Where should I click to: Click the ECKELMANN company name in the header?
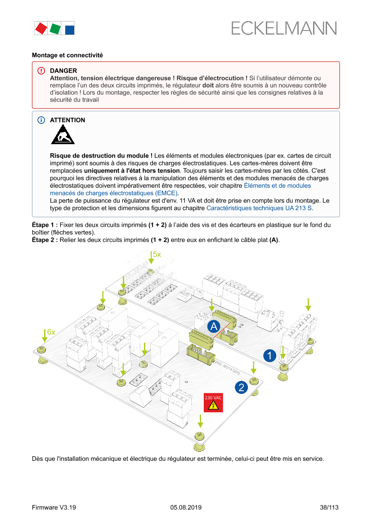[x=284, y=28]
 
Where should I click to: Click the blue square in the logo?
[x=70, y=30]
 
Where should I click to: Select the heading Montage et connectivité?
[x=67, y=55]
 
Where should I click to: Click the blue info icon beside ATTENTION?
[x=41, y=120]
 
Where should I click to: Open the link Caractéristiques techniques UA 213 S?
[x=259, y=208]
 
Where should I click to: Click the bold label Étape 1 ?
[x=45, y=225]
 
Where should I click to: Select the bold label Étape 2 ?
[x=45, y=240]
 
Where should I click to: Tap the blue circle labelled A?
[x=214, y=326]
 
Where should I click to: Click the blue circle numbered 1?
[x=269, y=356]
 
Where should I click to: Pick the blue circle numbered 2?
[x=241, y=387]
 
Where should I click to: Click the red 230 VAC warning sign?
[x=213, y=403]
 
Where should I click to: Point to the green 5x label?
[x=157, y=254]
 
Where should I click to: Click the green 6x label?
[x=51, y=332]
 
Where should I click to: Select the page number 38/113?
[x=329, y=507]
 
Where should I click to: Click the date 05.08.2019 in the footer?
[x=186, y=507]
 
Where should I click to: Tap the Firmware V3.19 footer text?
[x=54, y=507]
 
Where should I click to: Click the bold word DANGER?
[x=63, y=71]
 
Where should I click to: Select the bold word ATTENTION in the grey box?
[x=67, y=120]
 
